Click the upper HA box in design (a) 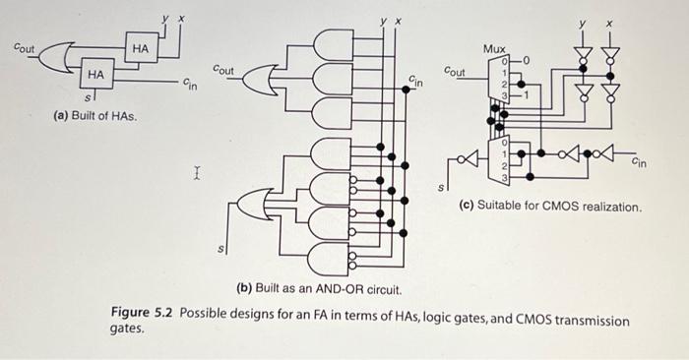pos(140,48)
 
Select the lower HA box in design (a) pos(95,74)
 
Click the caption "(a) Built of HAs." pos(95,117)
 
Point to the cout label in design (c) pos(456,72)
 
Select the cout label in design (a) pos(22,45)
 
